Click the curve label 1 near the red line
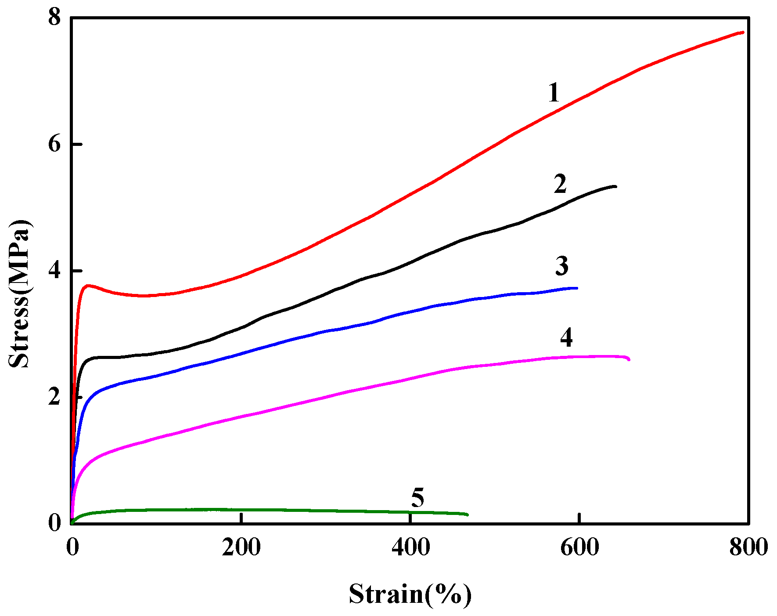coord(554,93)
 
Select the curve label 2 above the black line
coord(560,184)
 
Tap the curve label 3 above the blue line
coord(562,266)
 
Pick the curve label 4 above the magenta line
coord(566,337)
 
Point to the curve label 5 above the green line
coord(417,498)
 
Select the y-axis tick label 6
coord(54,144)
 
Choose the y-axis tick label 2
coord(54,397)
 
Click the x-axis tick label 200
coord(241,547)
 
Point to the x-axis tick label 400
coord(410,547)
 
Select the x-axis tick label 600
coord(579,547)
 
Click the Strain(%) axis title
coord(410,594)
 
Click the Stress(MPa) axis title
coord(20,294)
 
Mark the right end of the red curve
coord(743,32)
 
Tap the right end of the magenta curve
coord(629,359)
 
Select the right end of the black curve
coord(615,186)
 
